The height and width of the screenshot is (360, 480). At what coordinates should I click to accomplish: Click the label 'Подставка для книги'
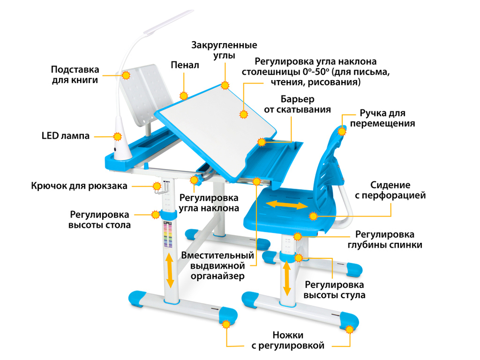pos(75,74)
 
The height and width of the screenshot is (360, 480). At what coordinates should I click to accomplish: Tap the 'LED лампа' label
pos(65,136)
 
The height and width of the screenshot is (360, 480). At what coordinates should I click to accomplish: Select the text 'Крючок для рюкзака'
pos(79,186)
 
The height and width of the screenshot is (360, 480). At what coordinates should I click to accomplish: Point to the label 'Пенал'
pos(184,65)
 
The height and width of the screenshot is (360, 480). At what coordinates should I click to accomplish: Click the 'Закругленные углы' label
pos(224,50)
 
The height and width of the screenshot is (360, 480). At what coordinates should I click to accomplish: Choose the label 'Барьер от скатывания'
pos(297,104)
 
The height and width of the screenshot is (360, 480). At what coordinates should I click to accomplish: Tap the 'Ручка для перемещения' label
pos(383,118)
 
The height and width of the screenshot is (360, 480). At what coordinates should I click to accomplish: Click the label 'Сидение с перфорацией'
pos(397,190)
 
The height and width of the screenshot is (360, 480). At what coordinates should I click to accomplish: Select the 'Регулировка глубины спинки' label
pos(388,240)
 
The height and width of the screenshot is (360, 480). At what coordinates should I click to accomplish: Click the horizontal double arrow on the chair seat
pos(287,205)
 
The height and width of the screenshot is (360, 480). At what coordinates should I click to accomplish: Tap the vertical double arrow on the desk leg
pos(169,269)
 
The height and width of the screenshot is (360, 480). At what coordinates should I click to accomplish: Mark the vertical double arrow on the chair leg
pos(287,279)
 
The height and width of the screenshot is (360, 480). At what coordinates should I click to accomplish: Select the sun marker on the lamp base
pos(118,136)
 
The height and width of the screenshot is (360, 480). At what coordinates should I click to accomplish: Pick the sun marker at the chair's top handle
pos(342,131)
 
